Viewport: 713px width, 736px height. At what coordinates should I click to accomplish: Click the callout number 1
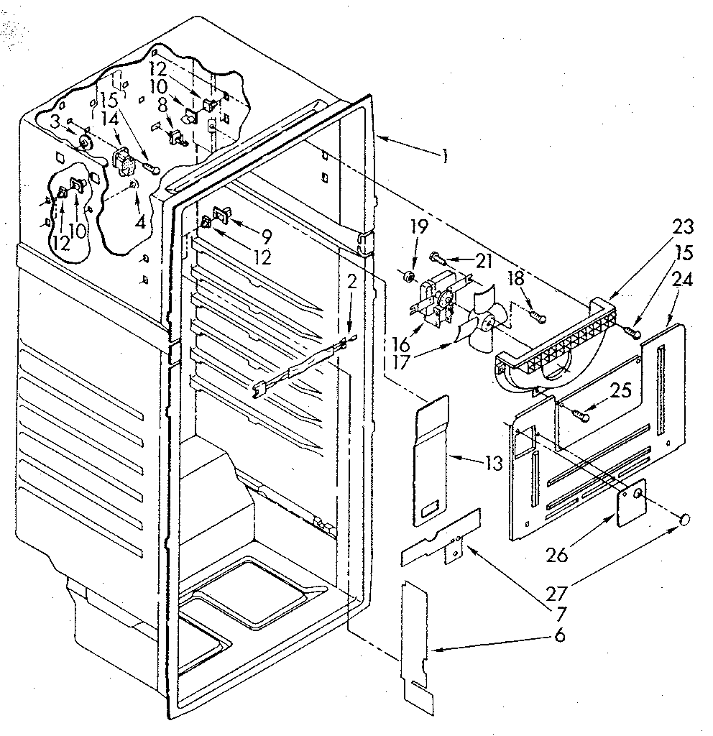pos(445,155)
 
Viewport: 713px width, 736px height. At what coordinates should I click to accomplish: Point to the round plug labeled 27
pos(686,519)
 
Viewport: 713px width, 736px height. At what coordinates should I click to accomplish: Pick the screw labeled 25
pos(580,413)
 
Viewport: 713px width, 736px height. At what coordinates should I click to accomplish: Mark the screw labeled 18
pos(538,314)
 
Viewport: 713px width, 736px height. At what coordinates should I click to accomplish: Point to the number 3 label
pos(55,123)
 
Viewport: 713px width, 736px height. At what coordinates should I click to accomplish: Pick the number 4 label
pos(139,223)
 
